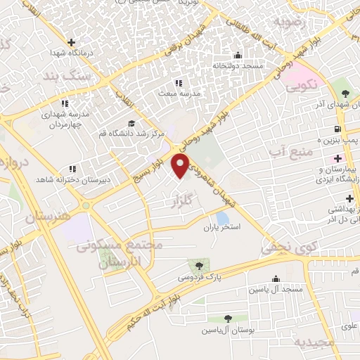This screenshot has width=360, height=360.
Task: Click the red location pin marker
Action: (x=181, y=167)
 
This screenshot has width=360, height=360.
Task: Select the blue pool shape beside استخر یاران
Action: (x=223, y=217)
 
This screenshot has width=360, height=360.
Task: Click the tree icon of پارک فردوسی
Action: (x=198, y=266)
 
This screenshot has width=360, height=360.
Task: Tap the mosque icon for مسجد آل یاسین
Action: (x=274, y=278)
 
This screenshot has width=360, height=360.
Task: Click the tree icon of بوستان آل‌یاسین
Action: (x=226, y=319)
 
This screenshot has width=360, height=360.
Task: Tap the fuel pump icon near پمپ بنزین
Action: (x=339, y=129)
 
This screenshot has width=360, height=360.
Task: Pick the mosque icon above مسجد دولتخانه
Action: (x=238, y=56)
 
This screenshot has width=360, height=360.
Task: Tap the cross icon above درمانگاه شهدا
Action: (x=71, y=42)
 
